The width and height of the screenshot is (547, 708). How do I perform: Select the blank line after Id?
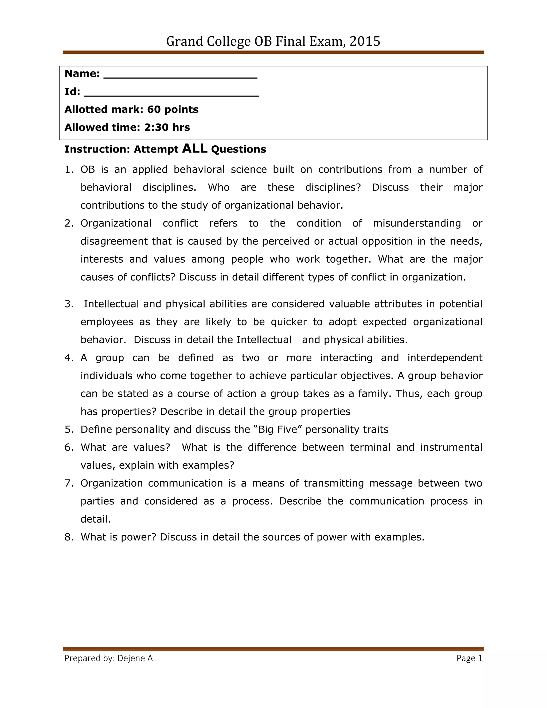[x=171, y=95]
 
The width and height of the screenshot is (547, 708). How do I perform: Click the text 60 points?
[x=173, y=110]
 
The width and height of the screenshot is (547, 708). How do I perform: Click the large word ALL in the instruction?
[x=195, y=149]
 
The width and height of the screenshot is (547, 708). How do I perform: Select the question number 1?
[x=69, y=170]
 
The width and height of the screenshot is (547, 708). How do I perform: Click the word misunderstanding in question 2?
[x=417, y=223]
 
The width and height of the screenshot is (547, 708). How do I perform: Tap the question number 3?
[x=69, y=304]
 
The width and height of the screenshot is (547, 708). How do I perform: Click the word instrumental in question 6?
[x=451, y=447]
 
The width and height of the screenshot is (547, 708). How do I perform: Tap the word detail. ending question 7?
[x=96, y=519]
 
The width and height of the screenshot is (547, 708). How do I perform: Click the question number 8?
[x=69, y=537]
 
